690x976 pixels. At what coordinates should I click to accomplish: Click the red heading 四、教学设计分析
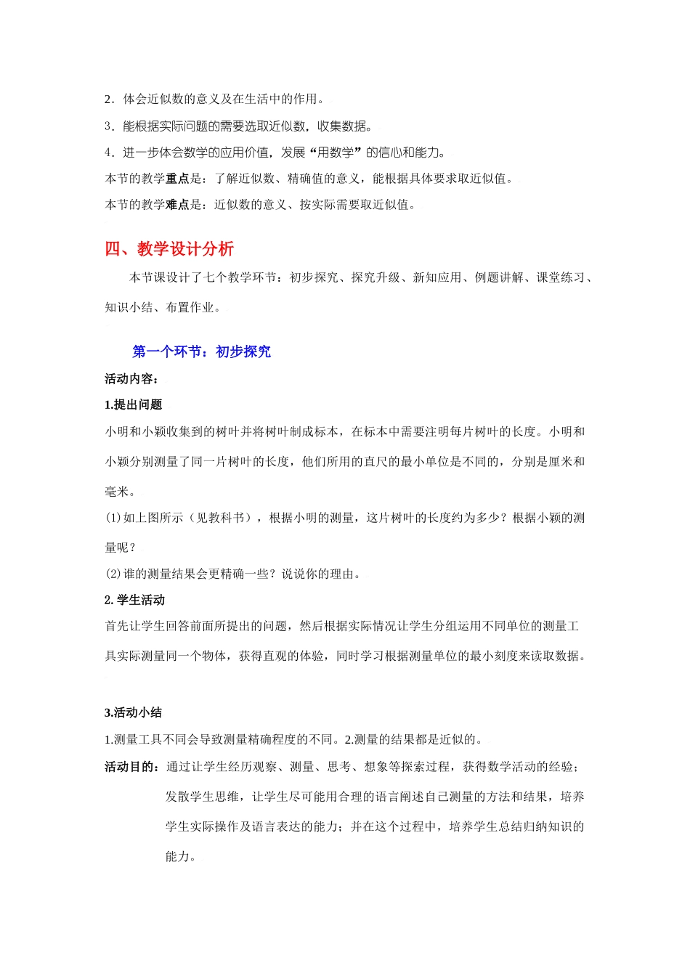169,249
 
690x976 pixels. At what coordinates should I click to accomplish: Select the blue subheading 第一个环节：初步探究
201,351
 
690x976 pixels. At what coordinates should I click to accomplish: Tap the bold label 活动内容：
132,378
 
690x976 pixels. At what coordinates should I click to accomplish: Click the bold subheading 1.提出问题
134,404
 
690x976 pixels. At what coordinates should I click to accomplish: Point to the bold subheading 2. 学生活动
135,600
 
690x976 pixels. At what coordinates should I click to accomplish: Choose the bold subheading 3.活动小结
134,712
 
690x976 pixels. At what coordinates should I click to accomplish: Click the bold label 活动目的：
132,767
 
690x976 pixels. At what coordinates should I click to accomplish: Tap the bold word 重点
178,179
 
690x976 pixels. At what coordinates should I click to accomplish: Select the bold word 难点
178,205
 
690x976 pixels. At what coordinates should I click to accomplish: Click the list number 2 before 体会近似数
108,99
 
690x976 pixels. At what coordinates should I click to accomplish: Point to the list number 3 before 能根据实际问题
108,126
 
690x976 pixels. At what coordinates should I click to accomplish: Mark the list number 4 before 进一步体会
108,152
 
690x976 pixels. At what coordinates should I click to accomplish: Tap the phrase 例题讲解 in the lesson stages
500,277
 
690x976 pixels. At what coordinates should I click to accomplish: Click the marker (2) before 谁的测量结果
113,574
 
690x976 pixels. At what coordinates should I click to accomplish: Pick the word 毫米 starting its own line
117,492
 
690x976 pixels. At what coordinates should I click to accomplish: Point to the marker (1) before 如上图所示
113,518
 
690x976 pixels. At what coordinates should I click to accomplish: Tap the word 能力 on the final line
177,856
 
